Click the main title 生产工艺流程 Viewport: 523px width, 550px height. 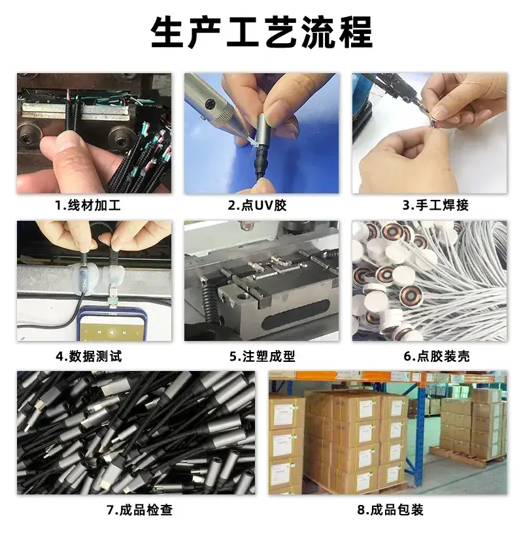261,32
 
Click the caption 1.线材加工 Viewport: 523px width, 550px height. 88,205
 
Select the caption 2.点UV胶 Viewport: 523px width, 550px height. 258,205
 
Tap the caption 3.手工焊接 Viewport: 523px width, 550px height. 435,205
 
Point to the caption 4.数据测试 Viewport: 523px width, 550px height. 89,357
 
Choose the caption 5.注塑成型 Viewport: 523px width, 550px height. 262,357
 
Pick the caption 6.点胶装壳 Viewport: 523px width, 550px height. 437,357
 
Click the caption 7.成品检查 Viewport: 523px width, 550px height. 140,510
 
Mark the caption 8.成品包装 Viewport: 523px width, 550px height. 390,510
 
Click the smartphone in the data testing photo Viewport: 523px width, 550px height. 112,325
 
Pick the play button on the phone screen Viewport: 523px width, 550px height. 111,332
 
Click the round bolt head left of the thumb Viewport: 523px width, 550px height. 29,136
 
